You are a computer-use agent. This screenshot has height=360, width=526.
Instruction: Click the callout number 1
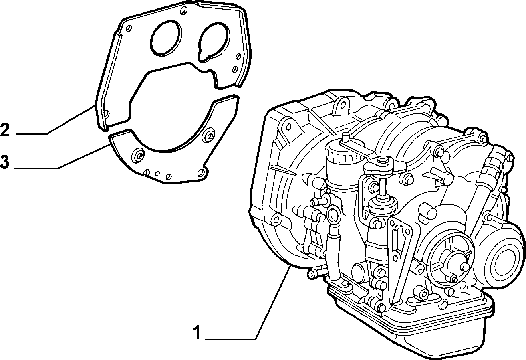(x=197, y=332)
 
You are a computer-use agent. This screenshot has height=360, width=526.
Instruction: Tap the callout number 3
(x=5, y=162)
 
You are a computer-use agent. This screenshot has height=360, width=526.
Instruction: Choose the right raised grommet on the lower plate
(x=209, y=135)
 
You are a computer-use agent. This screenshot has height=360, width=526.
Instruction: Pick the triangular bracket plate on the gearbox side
(x=399, y=258)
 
